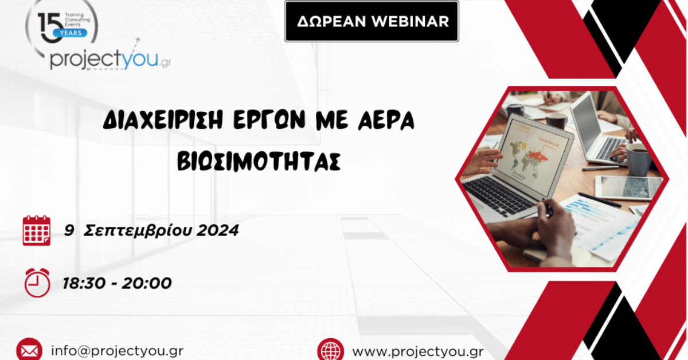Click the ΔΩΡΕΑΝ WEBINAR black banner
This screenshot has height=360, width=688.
pyautogui.click(x=372, y=21)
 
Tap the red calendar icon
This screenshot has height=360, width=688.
pyautogui.click(x=37, y=230)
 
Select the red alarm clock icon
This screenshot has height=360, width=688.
pyautogui.click(x=37, y=283)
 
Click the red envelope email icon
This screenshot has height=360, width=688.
pyautogui.click(x=29, y=350)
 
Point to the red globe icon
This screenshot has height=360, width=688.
pyautogui.click(x=330, y=350)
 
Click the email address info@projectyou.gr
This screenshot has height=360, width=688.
pyautogui.click(x=118, y=351)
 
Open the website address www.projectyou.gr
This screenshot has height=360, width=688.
pyautogui.click(x=418, y=351)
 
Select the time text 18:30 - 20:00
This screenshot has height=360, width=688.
pyautogui.click(x=117, y=283)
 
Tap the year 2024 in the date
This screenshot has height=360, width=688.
pyautogui.click(x=217, y=230)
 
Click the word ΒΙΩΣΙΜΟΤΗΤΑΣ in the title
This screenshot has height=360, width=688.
pyautogui.click(x=259, y=161)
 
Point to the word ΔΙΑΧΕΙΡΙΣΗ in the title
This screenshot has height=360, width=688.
pyautogui.click(x=163, y=120)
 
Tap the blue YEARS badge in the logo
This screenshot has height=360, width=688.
pyautogui.click(x=70, y=33)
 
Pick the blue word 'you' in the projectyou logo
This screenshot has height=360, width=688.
pyautogui.click(x=140, y=58)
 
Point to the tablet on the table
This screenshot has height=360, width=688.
pyautogui.click(x=627, y=187)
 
